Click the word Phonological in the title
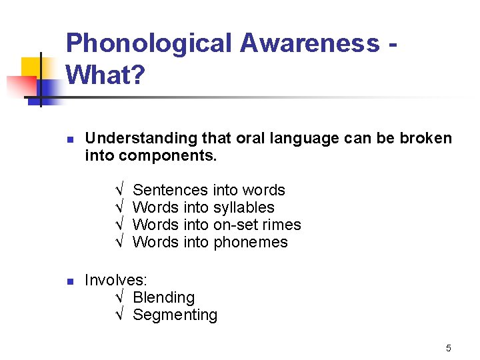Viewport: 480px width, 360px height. pos(148,43)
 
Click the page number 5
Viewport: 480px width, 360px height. pos(449,348)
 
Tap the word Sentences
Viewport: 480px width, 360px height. pos(171,190)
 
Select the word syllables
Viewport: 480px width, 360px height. pos(243,207)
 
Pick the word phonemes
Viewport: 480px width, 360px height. pos(250,242)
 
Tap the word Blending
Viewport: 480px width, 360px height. pos(163,297)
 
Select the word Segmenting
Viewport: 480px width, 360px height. pos(175,315)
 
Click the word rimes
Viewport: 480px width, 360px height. pos(283,225)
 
